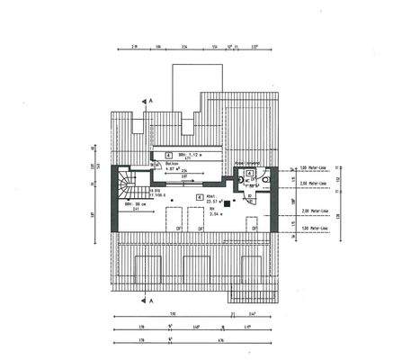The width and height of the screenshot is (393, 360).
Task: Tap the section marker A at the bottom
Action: tap(152, 300)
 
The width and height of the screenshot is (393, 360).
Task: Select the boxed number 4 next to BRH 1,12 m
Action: tap(168, 154)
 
